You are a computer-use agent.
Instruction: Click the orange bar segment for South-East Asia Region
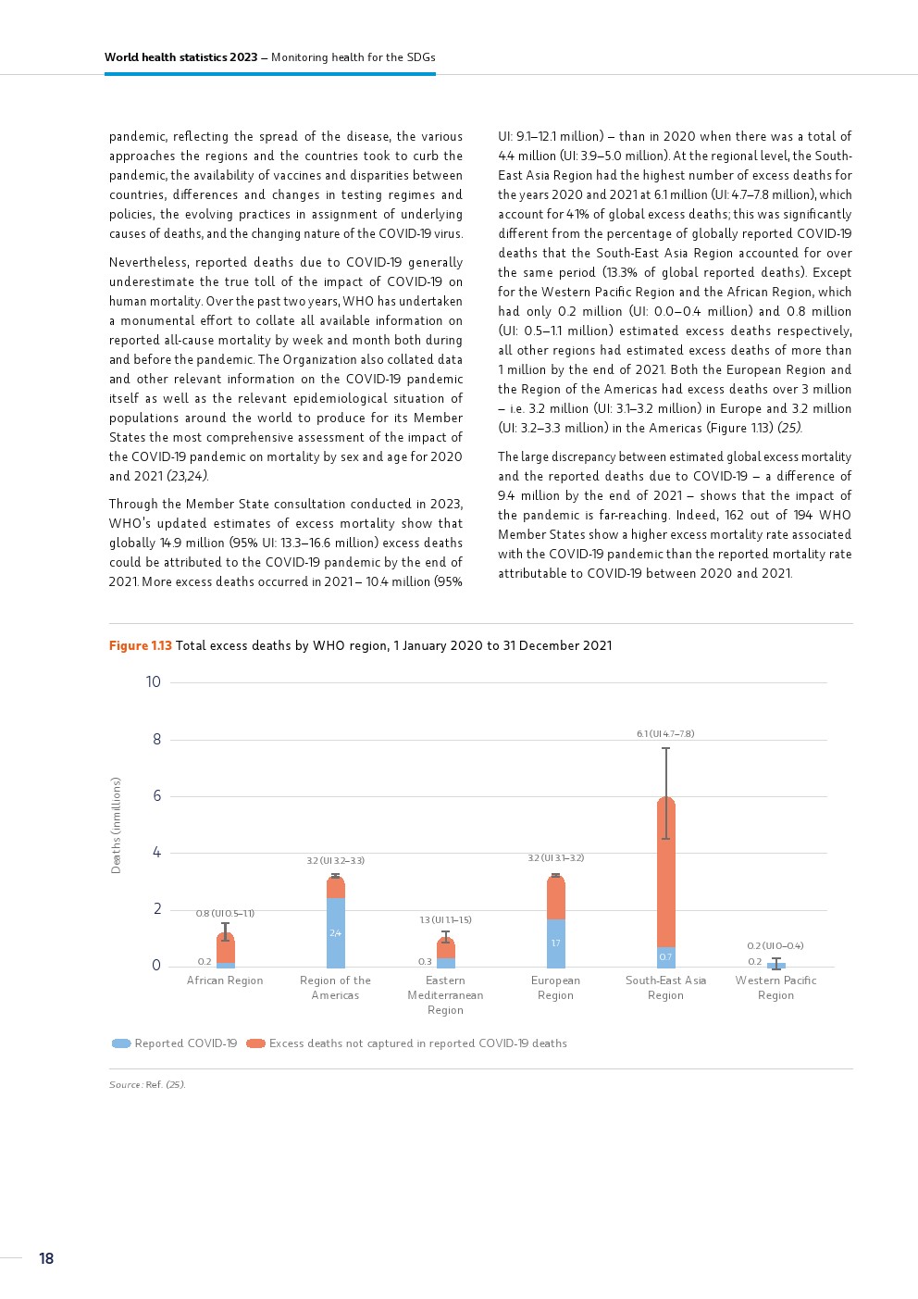665,870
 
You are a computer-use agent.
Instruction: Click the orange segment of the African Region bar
225,949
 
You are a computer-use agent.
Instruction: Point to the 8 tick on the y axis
156,739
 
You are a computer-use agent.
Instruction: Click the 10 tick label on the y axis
153,682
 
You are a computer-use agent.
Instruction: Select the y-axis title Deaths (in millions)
116,825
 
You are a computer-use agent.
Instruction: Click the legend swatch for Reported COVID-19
121,1043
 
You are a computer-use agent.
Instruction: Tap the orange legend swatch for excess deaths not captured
255,1043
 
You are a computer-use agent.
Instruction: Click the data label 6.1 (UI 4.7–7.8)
665,733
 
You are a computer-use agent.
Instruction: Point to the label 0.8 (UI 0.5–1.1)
225,913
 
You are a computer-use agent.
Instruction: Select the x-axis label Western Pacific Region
775,988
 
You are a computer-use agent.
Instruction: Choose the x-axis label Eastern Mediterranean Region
445,995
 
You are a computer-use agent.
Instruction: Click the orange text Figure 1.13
140,645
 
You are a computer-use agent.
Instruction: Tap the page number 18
46,1258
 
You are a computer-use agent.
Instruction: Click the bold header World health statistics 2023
180,57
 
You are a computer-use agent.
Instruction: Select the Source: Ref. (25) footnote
147,1084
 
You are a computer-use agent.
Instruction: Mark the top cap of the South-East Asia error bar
665,748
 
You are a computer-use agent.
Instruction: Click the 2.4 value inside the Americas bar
335,933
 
